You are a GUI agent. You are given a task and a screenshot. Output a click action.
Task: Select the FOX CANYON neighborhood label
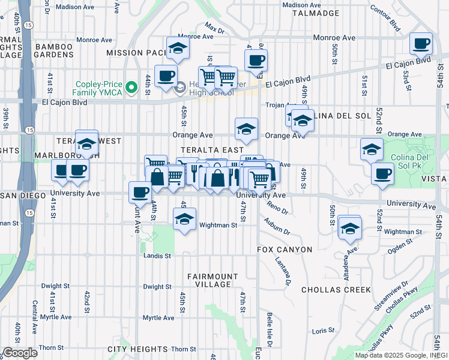click(x=285, y=249)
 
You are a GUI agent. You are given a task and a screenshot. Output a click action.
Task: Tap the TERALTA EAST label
click(x=214, y=149)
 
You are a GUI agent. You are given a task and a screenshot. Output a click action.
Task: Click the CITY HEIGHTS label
click(x=137, y=349)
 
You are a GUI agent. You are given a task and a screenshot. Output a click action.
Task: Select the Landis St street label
click(x=157, y=255)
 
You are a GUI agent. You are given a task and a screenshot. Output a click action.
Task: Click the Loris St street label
click(x=322, y=330)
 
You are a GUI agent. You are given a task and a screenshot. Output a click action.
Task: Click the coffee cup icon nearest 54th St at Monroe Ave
click(x=421, y=44)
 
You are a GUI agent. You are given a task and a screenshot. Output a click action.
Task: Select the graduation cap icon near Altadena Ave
click(x=350, y=227)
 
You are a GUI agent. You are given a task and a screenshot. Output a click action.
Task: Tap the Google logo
click(x=20, y=353)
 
